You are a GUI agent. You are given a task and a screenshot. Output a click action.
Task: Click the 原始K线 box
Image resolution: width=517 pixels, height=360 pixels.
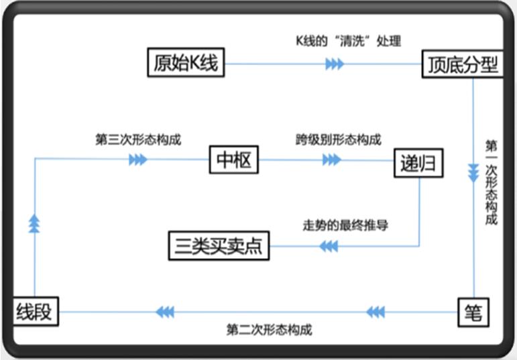click(185, 64)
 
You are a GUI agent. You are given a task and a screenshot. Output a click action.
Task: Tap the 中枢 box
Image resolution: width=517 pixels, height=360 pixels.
click(233, 160)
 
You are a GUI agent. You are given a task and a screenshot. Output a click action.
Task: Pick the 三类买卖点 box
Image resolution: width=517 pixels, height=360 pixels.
click(218, 246)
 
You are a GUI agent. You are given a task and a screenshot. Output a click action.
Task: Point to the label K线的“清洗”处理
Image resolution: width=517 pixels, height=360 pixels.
click(348, 41)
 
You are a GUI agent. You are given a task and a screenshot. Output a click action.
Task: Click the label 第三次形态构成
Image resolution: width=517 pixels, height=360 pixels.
click(138, 140)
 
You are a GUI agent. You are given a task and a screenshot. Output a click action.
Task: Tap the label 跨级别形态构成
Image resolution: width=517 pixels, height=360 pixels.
click(339, 140)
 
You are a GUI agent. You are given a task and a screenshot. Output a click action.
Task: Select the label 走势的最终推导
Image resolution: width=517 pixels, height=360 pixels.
click(345, 225)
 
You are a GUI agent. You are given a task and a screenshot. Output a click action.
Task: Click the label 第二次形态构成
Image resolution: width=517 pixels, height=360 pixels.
click(269, 330)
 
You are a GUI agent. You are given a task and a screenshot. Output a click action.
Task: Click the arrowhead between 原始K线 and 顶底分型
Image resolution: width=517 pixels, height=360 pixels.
click(334, 64)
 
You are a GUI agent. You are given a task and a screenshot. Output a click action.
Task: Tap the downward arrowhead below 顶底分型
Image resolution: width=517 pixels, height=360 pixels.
click(473, 170)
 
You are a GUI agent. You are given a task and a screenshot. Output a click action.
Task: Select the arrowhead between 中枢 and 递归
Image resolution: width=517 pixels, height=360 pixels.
click(331, 160)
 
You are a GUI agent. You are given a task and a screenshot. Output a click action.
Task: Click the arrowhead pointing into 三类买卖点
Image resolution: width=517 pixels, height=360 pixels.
click(328, 246)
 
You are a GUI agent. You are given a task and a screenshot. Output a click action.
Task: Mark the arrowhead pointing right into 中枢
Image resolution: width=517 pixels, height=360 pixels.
click(138, 160)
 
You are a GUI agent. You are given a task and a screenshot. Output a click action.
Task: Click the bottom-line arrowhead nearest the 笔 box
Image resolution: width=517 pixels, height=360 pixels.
click(376, 312)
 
